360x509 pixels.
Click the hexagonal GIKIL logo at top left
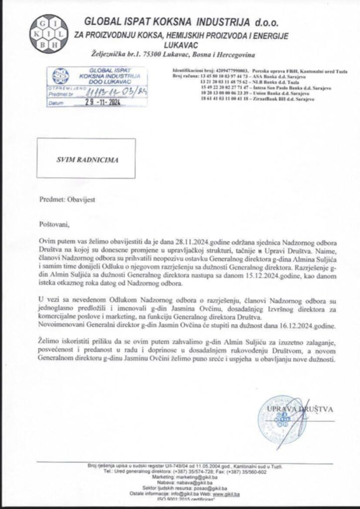pos(47,32)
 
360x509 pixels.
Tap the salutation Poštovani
pos(52,225)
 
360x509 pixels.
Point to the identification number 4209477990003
pos(232,72)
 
